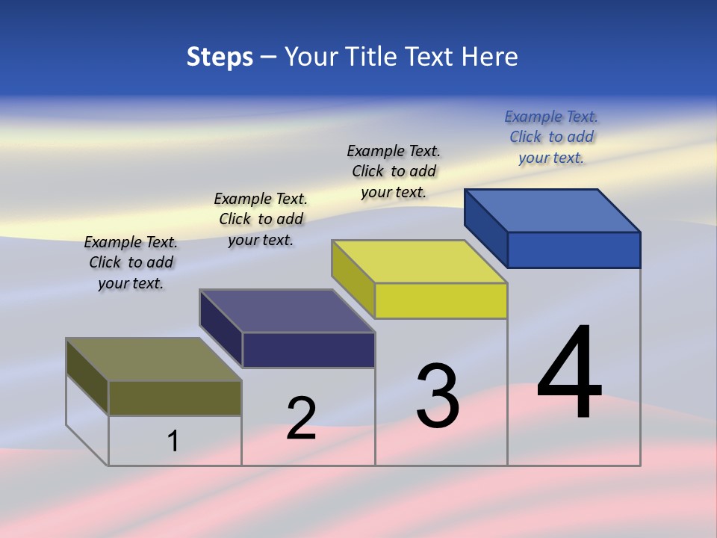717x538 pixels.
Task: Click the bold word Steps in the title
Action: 220,57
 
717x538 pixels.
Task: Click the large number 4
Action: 569,374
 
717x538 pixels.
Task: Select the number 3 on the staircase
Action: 438,396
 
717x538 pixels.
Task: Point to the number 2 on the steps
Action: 301,418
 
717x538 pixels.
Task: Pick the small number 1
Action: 173,442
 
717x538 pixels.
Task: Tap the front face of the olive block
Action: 175,398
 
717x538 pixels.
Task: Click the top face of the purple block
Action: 288,311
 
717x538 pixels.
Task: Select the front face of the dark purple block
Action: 308,350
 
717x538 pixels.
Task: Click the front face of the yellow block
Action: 441,300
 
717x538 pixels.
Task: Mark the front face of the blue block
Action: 574,250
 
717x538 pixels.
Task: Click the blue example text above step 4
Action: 551,137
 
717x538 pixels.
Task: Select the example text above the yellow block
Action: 394,171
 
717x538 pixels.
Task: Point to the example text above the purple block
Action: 261,219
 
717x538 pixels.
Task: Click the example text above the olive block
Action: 131,262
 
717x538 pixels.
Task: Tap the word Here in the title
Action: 491,57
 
